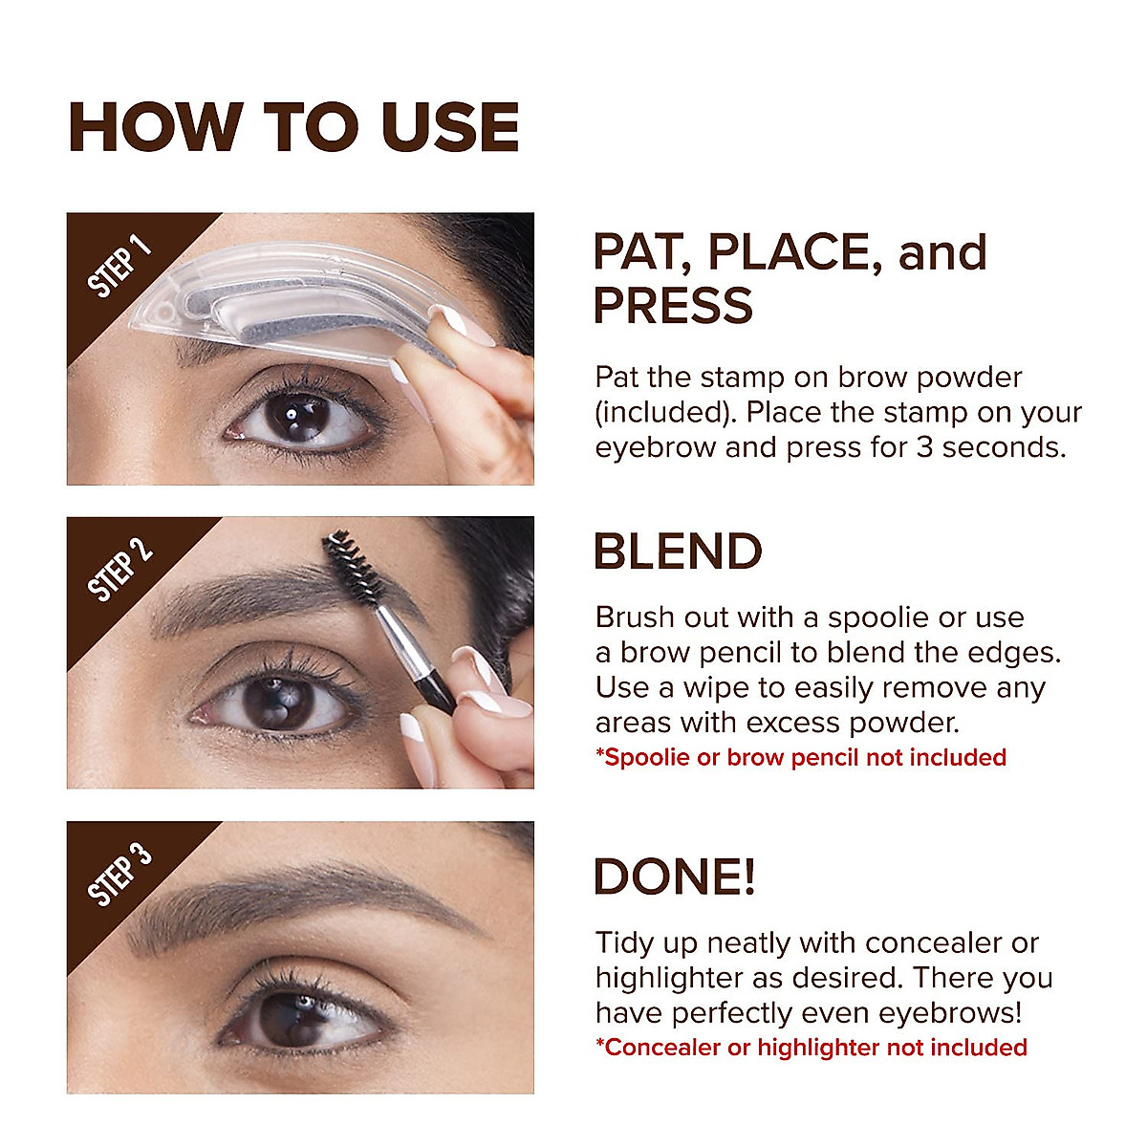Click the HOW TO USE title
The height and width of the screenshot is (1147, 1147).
tap(293, 127)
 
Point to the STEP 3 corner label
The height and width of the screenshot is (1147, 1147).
tap(119, 874)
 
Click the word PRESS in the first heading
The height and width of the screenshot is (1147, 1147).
tap(673, 305)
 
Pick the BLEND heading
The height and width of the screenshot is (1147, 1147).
tap(678, 552)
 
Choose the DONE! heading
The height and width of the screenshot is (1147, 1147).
tap(674, 876)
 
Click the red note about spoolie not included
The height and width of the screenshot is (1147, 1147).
tap(800, 758)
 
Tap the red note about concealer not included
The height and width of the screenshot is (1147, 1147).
tap(811, 1048)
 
